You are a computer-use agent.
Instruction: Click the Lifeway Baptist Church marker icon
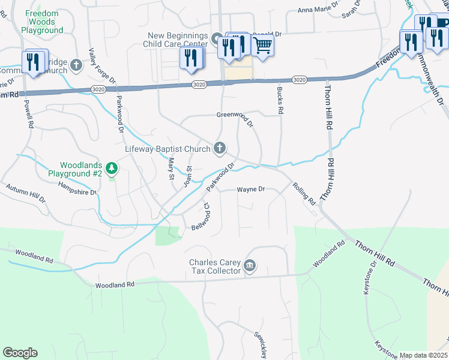pos(220,148)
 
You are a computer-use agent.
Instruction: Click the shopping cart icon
pos(262,45)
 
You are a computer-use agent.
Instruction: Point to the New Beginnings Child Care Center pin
pos(217,40)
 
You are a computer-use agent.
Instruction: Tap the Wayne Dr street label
pos(251,190)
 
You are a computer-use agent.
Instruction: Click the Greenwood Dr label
pos(235,115)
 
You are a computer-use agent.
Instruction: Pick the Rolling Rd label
pos(304,193)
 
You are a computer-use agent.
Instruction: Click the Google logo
pos(20,353)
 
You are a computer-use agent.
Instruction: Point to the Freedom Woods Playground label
pos(41,21)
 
